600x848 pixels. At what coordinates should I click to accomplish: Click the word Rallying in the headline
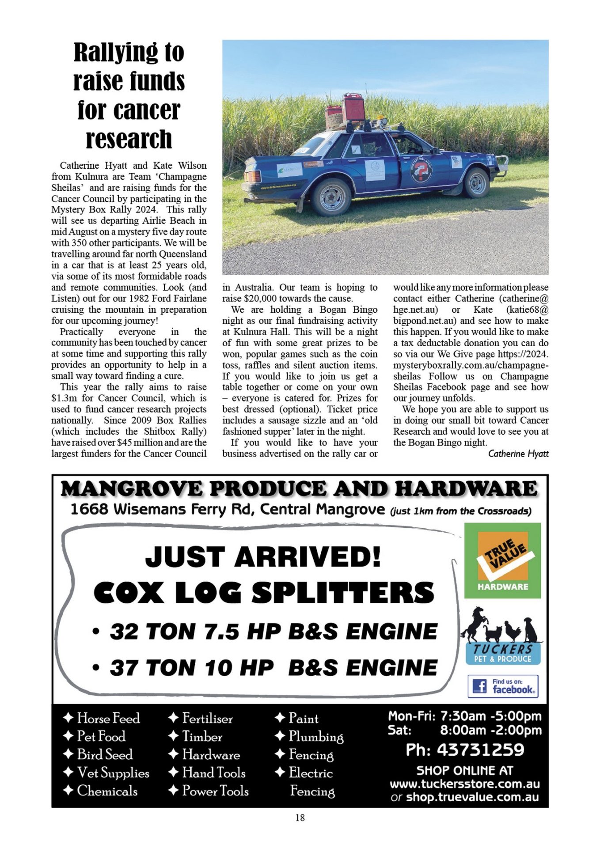point(115,53)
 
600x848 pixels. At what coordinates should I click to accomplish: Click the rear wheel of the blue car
point(331,197)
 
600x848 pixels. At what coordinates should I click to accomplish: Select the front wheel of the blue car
point(476,182)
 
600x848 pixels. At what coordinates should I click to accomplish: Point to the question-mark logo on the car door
point(421,170)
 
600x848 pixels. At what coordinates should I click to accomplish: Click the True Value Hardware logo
point(502,560)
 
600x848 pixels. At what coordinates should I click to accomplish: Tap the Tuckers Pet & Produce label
point(503,654)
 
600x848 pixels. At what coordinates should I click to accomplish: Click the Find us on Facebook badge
point(503,686)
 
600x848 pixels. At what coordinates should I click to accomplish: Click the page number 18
point(300,818)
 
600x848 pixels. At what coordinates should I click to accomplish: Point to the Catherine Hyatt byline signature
point(518,454)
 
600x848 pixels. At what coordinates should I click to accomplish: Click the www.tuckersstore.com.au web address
point(464,784)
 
